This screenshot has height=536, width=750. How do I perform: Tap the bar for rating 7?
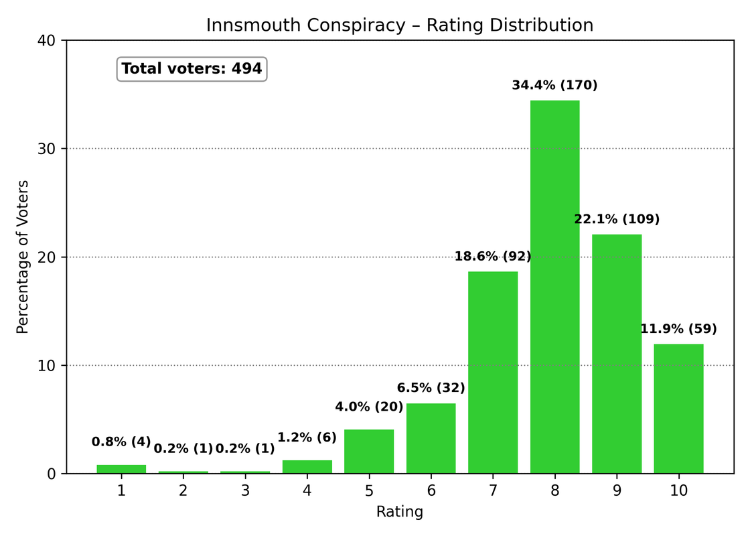pyautogui.click(x=493, y=373)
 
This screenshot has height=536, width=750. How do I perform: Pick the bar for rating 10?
pyautogui.click(x=678, y=409)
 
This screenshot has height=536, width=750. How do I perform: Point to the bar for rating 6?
pyautogui.click(x=431, y=438)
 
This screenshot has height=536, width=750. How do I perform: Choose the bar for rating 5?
pyautogui.click(x=369, y=452)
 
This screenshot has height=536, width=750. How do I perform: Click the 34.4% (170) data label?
pyautogui.click(x=554, y=85)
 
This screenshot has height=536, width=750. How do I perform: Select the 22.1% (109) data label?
pyautogui.click(x=617, y=219)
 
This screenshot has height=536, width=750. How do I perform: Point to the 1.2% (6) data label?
pyautogui.click(x=307, y=438)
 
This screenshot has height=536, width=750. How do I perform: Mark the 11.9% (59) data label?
pyautogui.click(x=678, y=329)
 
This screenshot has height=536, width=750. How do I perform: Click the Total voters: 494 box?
pyautogui.click(x=192, y=68)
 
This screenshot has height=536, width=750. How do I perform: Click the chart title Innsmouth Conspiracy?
pyautogui.click(x=400, y=25)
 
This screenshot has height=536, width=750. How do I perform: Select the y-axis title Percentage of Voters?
pyautogui.click(x=23, y=257)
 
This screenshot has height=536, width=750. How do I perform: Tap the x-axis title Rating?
pyautogui.click(x=400, y=512)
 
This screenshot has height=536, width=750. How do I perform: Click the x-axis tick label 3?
pyautogui.click(x=245, y=490)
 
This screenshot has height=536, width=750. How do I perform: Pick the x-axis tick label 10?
pyautogui.click(x=678, y=490)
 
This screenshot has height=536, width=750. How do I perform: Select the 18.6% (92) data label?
pyautogui.click(x=493, y=256)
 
